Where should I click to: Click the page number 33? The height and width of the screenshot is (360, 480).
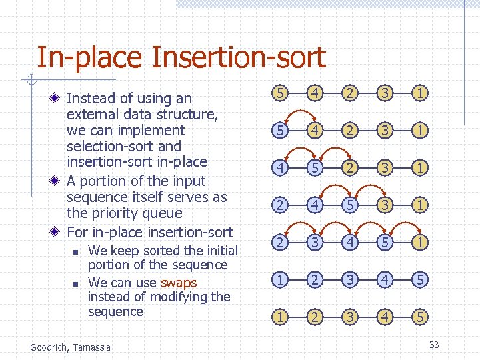[x=434, y=345]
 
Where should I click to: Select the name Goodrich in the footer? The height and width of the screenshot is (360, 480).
[x=50, y=347]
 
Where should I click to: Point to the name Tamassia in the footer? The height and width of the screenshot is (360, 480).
[x=92, y=347]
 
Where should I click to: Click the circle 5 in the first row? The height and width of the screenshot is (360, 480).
[x=281, y=93]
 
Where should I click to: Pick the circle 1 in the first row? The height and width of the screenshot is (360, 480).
[x=419, y=93]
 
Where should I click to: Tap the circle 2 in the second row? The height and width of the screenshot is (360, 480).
[x=350, y=130]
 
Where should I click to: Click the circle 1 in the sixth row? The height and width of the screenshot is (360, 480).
[x=281, y=280]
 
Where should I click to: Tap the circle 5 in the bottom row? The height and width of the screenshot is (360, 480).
[x=419, y=317]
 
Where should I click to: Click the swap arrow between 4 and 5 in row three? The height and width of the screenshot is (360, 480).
[x=299, y=155]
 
